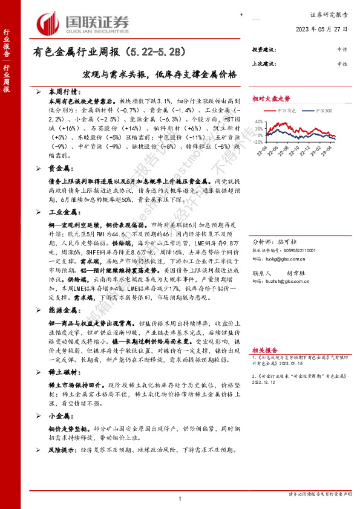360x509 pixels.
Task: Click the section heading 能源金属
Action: coord(62,310)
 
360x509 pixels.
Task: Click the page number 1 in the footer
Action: coord(180,498)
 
